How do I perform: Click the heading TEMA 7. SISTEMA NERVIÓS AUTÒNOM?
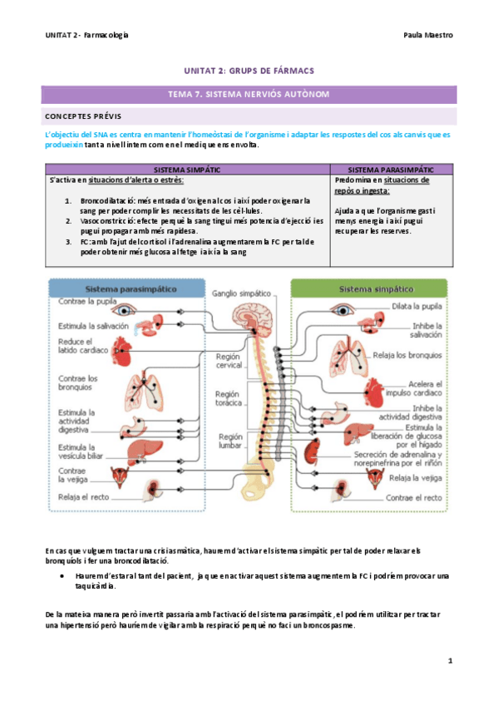[x=248, y=95]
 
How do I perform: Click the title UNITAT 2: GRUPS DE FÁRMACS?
[x=249, y=71]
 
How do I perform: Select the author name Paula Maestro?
[x=428, y=36]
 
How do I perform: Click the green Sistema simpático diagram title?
[x=375, y=289]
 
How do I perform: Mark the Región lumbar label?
[x=230, y=441]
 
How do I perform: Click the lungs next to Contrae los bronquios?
[x=152, y=387]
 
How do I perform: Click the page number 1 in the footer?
[x=449, y=661]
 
